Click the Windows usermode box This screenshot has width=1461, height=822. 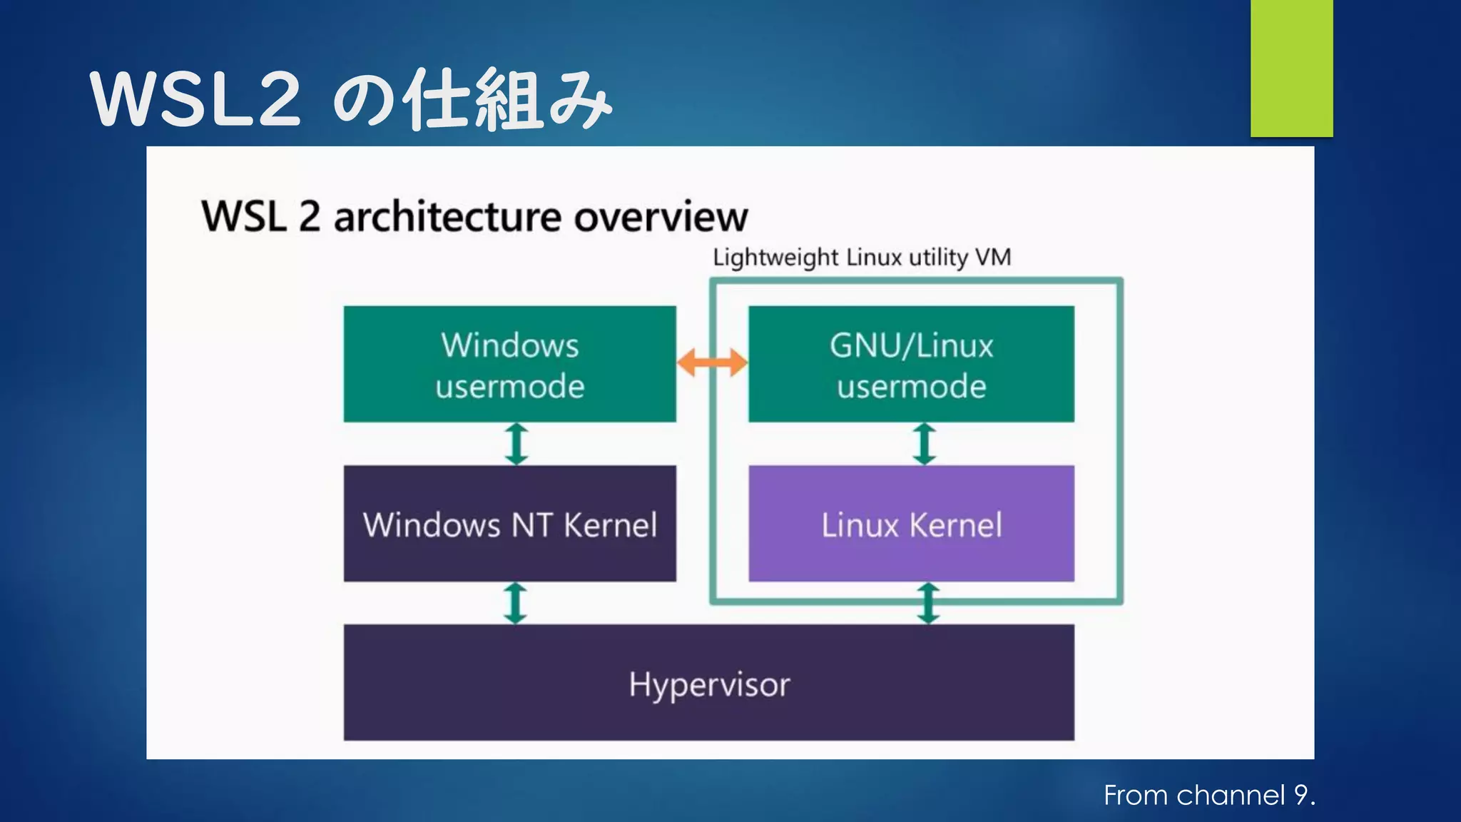coord(509,364)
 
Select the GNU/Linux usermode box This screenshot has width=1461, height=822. coord(911,364)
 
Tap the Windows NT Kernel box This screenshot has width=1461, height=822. coord(509,524)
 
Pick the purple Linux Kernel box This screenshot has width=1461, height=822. coord(911,524)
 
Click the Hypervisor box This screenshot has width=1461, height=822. coord(708,683)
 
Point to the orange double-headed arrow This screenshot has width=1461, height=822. coord(712,362)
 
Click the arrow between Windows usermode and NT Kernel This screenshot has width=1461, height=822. coord(516,444)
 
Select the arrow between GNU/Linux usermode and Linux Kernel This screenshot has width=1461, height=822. coord(925,444)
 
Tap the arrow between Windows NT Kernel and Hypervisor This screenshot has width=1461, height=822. coord(515,603)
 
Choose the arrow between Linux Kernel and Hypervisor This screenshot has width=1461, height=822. coord(927,603)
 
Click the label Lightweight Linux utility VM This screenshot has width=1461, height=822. coord(861,257)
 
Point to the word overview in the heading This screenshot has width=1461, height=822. coord(661,216)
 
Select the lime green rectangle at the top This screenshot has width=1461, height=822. coord(1291,68)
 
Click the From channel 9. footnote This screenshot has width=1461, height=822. coord(1209,795)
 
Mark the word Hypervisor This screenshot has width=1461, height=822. coord(708,684)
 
